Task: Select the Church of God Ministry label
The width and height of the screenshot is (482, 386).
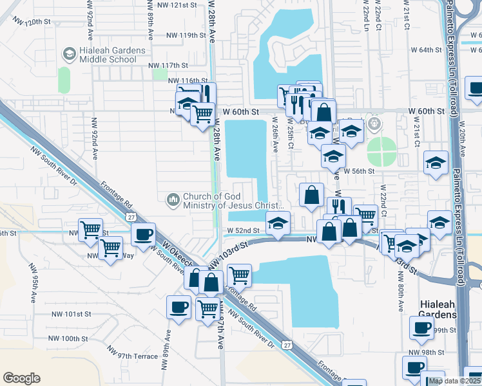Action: (x=233, y=201)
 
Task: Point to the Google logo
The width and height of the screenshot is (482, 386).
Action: (x=21, y=378)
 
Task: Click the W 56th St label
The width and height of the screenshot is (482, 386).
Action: (x=359, y=172)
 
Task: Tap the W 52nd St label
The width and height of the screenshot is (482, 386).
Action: (x=242, y=230)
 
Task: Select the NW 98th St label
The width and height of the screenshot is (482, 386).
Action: (x=428, y=353)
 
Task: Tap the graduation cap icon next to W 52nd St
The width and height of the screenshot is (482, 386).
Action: (x=278, y=224)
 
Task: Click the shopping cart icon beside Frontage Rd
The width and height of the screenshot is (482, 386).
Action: (x=239, y=276)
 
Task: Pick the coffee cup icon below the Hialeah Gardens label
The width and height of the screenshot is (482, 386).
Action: (x=422, y=327)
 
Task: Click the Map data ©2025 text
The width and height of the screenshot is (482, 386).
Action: (x=454, y=381)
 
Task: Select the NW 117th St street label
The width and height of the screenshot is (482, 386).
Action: (x=168, y=65)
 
